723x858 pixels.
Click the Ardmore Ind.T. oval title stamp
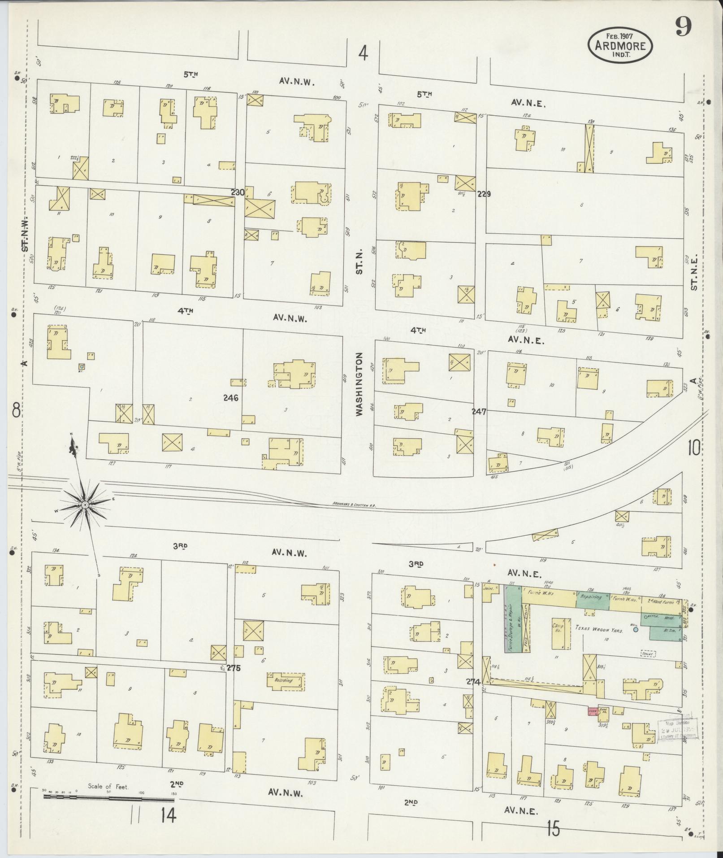[620, 45]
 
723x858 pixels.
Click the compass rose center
[84, 505]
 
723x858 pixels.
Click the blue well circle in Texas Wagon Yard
[635, 630]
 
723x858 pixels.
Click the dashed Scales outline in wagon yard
[648, 654]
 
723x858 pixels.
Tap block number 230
[238, 192]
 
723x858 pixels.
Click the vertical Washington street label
[359, 384]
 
